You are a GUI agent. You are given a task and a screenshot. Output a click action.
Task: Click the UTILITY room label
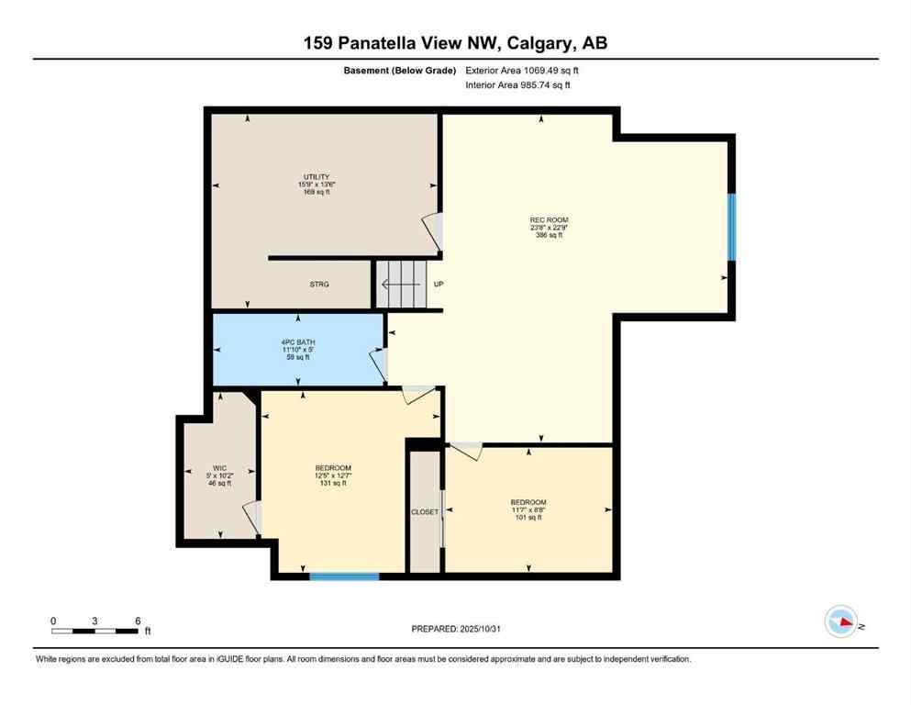(x=317, y=177)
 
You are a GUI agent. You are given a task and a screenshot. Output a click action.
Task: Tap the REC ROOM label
(x=549, y=220)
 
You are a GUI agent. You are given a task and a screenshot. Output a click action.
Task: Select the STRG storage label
(x=318, y=285)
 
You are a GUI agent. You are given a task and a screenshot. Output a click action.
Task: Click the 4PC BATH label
(x=298, y=342)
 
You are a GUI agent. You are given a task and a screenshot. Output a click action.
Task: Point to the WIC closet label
(x=219, y=468)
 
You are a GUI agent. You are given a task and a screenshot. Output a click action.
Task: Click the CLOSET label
(x=425, y=512)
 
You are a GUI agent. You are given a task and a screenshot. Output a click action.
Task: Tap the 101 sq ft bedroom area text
(x=528, y=518)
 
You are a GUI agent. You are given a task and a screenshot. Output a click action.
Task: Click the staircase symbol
(x=402, y=284)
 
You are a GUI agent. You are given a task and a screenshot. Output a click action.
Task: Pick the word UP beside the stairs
(x=439, y=285)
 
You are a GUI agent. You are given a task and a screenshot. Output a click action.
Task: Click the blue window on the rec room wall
(x=731, y=227)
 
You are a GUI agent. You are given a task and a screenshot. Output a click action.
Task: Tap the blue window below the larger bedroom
(x=344, y=576)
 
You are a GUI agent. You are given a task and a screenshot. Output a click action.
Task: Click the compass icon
(x=841, y=622)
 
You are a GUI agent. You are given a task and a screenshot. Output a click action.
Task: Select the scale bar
(x=95, y=631)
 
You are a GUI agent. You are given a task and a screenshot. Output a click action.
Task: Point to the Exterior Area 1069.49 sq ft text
(x=523, y=71)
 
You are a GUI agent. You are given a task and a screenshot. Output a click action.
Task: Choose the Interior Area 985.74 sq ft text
(x=518, y=85)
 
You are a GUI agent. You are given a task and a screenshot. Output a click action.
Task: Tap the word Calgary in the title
(x=523, y=43)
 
